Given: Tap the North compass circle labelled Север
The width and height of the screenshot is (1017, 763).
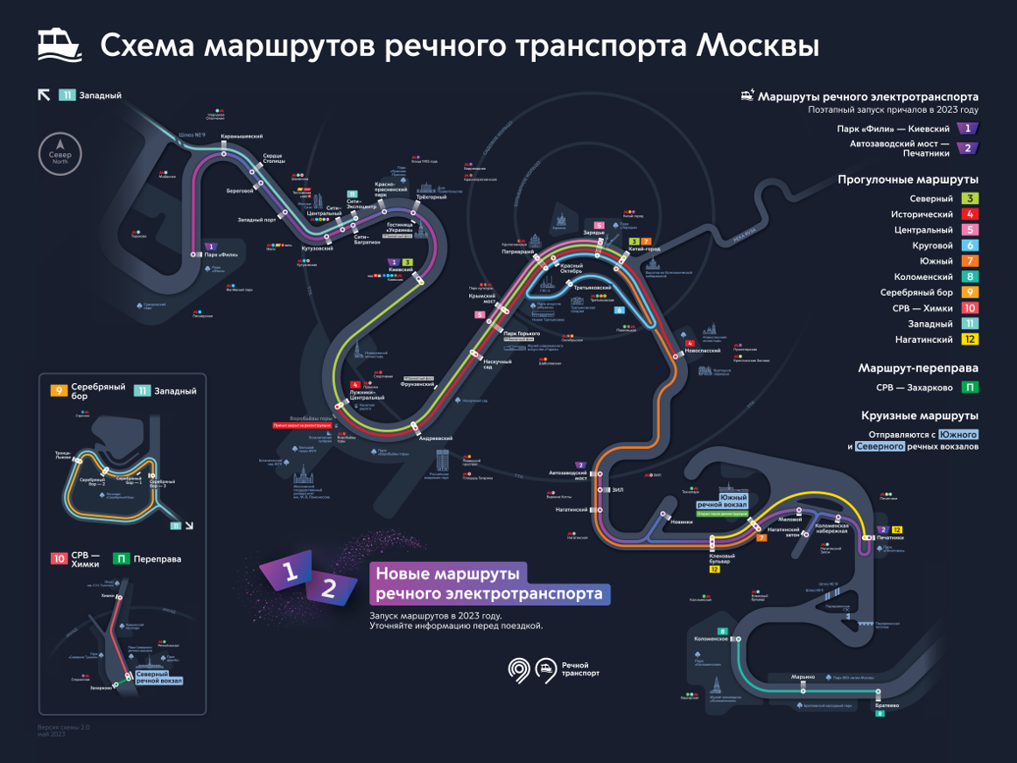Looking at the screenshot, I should [60, 153].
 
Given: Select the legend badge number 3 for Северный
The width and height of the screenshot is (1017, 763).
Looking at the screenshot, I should [970, 199].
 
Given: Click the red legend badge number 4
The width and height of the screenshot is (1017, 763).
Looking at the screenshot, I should [970, 214].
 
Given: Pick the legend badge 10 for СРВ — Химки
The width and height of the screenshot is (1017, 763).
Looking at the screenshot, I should [970, 308].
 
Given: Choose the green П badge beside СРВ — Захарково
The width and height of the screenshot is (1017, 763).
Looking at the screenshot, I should [970, 387].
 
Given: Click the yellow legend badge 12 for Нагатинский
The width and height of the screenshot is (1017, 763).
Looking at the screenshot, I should [970, 339].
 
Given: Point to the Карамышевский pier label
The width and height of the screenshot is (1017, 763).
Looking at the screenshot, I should [242, 136].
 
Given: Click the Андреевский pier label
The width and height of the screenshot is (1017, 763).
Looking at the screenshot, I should [435, 438].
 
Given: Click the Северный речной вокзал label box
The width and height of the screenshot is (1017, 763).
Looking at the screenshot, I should [158, 677].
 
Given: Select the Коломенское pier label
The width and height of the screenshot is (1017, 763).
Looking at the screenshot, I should [711, 639].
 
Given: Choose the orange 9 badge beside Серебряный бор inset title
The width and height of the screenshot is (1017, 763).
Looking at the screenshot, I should [60, 391].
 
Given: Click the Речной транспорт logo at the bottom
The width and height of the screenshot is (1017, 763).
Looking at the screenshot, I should [555, 669].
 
